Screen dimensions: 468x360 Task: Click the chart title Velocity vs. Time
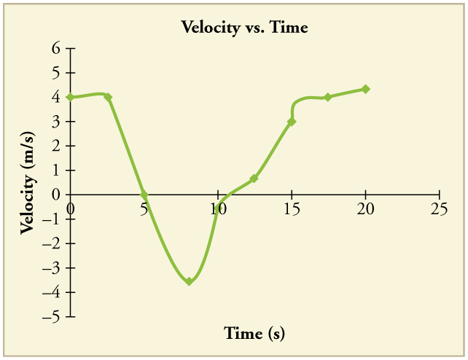click(x=245, y=28)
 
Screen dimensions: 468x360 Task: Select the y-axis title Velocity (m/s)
click(x=28, y=183)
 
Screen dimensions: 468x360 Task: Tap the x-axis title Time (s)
click(x=254, y=333)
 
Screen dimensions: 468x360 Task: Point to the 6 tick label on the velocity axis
click(x=56, y=48)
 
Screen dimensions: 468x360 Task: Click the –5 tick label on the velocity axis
click(x=51, y=317)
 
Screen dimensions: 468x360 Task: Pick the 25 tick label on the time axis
click(x=439, y=208)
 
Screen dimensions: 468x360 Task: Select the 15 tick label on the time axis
click(x=292, y=208)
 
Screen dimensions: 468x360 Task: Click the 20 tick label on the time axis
click(x=365, y=208)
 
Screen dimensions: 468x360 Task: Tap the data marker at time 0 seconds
click(x=71, y=97)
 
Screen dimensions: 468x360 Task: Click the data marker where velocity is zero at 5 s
click(x=144, y=195)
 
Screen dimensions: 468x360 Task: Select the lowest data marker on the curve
click(x=189, y=281)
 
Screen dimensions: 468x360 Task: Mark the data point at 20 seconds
click(x=366, y=89)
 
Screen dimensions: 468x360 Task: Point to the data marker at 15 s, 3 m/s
click(x=292, y=122)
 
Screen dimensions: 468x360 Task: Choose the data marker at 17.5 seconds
click(x=328, y=97)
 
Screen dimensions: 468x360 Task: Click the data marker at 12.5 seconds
click(x=254, y=179)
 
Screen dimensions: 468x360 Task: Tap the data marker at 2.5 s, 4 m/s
click(x=108, y=97)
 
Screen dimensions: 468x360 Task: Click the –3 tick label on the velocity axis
click(x=51, y=268)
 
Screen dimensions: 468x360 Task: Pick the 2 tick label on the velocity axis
click(x=56, y=146)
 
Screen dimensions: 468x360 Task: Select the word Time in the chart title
click(x=289, y=28)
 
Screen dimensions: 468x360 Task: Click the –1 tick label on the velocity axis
click(x=51, y=219)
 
